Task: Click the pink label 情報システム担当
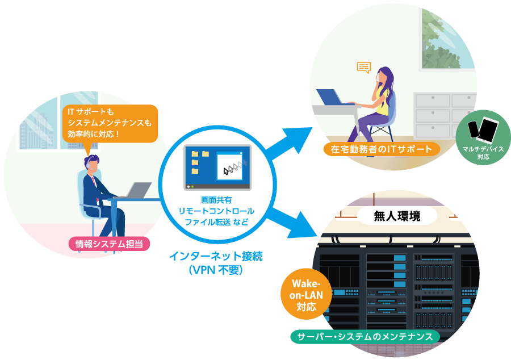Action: click(109, 244)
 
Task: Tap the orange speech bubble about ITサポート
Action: click(110, 124)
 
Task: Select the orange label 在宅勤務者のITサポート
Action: click(382, 149)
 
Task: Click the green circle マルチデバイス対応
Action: click(483, 137)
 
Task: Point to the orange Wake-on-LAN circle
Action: click(306, 294)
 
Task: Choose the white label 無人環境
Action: click(397, 216)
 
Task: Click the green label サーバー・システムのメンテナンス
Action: click(365, 337)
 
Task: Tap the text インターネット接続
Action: click(216, 256)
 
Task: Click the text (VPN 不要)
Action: click(216, 270)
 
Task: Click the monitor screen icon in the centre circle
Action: click(217, 168)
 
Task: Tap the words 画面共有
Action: click(216, 200)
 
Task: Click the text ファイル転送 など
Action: click(216, 222)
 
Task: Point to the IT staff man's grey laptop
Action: click(137, 190)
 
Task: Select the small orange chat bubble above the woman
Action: click(364, 68)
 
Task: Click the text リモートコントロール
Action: click(216, 211)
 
